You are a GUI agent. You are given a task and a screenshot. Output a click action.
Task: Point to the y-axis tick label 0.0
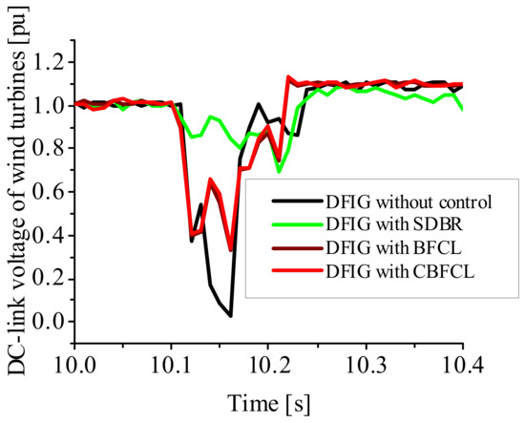coord(47,321)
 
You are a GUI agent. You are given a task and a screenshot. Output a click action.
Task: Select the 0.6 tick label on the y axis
coord(47,192)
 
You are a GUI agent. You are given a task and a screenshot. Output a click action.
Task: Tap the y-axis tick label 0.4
coord(47,235)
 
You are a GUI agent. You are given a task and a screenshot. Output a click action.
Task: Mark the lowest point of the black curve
coord(230,316)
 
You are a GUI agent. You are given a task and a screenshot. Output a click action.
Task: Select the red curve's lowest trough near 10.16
coord(230,249)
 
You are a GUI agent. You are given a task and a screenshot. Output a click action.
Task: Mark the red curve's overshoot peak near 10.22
coord(288,77)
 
